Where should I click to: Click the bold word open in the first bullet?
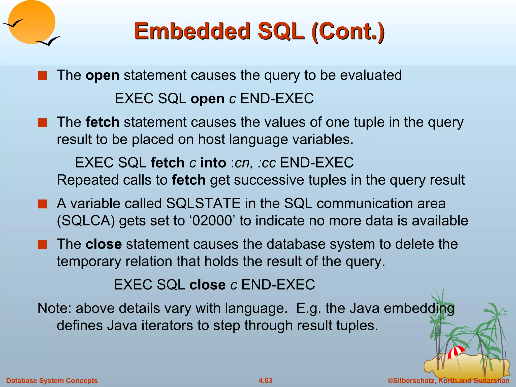click(102, 75)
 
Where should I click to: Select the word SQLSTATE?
click(203, 203)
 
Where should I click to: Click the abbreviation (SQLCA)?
click(86, 221)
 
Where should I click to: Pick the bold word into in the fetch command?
click(213, 163)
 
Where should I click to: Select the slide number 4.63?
click(265, 380)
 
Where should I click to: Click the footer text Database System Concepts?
click(52, 380)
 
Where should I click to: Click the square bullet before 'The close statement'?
click(42, 244)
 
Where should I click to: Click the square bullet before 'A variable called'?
click(42, 204)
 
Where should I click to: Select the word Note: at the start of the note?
click(54, 308)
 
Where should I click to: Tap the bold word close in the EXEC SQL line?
click(207, 285)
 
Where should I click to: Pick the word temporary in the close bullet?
click(89, 261)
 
